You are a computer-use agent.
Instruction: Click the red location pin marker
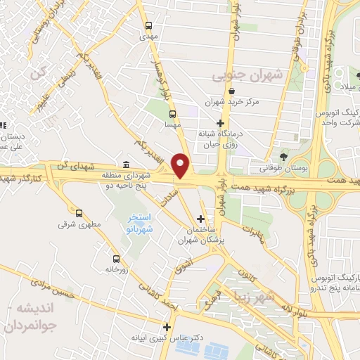(x=182, y=166)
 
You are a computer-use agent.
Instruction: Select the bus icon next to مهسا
(x=173, y=112)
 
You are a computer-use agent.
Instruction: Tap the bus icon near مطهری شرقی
(x=78, y=212)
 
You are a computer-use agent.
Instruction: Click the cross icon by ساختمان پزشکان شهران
(x=202, y=219)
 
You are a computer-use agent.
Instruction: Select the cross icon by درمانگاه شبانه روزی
(x=220, y=123)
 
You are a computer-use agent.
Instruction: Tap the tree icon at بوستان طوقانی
(x=283, y=156)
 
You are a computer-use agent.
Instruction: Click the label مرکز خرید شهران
(x=232, y=102)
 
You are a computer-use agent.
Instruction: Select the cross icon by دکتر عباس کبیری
(x=167, y=327)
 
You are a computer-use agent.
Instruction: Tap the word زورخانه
(x=118, y=269)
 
